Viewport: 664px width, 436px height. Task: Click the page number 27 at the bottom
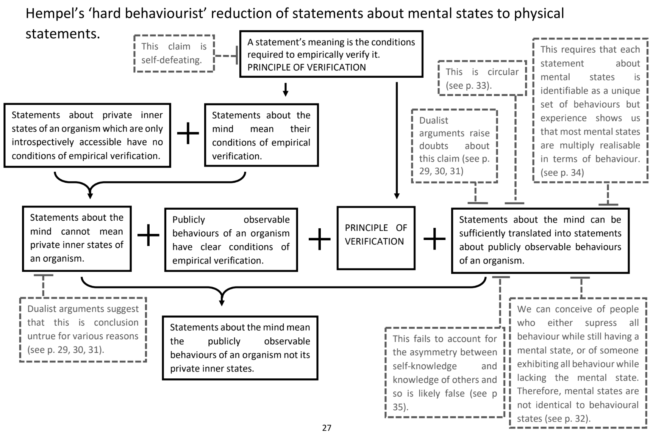click(327, 428)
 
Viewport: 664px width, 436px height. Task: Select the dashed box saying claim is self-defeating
click(174, 53)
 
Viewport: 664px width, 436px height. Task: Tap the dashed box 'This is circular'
click(482, 78)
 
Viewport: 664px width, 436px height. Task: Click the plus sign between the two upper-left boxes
click(188, 133)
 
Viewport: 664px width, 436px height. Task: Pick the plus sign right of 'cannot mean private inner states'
click(148, 235)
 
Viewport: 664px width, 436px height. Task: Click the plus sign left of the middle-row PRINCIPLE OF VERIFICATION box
click(319, 239)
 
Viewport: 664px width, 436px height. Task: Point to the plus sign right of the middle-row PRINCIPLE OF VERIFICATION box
click(434, 239)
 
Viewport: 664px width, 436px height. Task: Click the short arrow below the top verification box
click(286, 89)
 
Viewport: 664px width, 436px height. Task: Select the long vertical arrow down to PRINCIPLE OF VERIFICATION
click(397, 140)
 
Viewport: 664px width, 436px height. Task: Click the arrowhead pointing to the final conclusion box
click(222, 302)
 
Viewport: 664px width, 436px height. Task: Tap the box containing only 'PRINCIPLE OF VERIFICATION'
click(376, 238)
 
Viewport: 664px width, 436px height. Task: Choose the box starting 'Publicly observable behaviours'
click(231, 240)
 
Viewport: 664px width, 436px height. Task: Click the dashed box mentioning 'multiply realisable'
click(590, 110)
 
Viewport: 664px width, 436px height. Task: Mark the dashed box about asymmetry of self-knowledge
click(445, 372)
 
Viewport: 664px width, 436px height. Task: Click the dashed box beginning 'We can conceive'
click(578, 363)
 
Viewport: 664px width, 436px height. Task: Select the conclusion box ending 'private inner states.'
click(240, 348)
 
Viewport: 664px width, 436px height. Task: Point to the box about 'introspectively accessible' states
click(87, 135)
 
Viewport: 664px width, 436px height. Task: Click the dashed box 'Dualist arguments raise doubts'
click(454, 146)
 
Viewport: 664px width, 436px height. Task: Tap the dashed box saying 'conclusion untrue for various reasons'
click(83, 329)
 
